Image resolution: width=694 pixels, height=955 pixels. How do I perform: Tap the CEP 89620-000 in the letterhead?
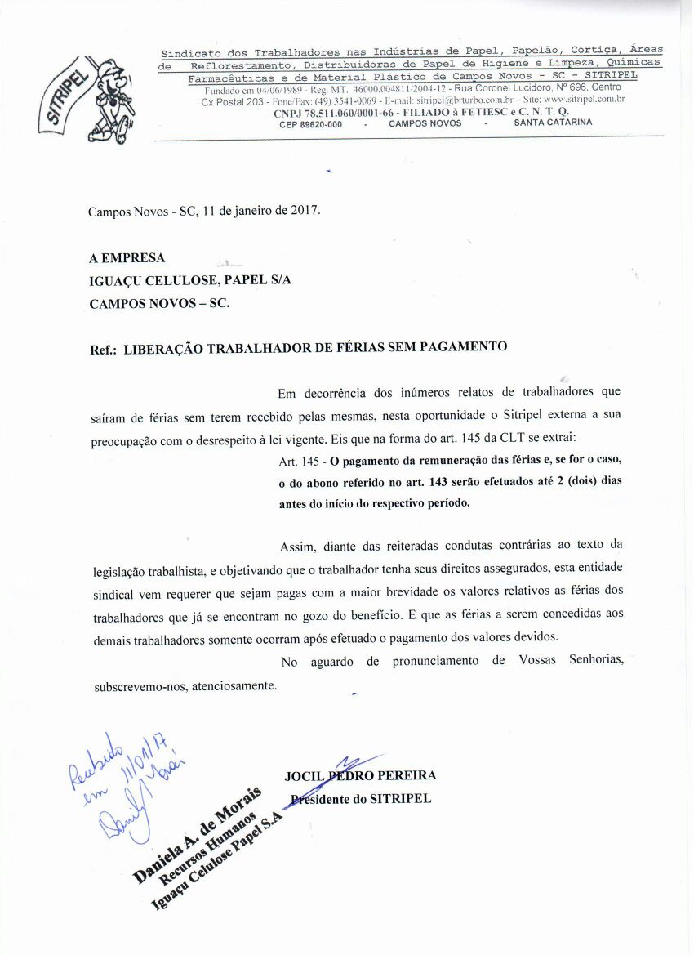[311, 123]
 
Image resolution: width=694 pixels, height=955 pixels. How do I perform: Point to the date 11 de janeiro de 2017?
[261, 209]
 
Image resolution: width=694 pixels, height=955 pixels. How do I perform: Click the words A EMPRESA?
[127, 258]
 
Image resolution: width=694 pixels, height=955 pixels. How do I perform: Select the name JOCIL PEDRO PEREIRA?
[360, 775]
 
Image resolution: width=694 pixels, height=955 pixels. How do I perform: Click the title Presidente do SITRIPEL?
[361, 798]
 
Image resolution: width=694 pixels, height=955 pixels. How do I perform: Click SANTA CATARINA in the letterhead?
[553, 123]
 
